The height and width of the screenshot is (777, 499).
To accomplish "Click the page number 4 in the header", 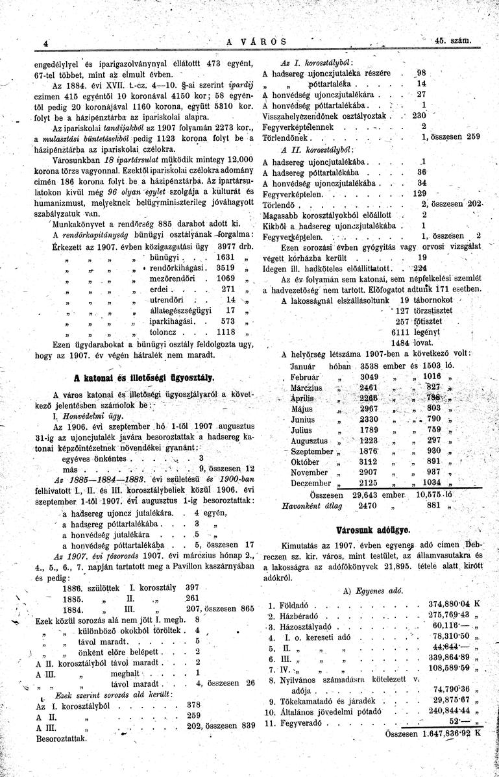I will [x=46, y=43].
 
